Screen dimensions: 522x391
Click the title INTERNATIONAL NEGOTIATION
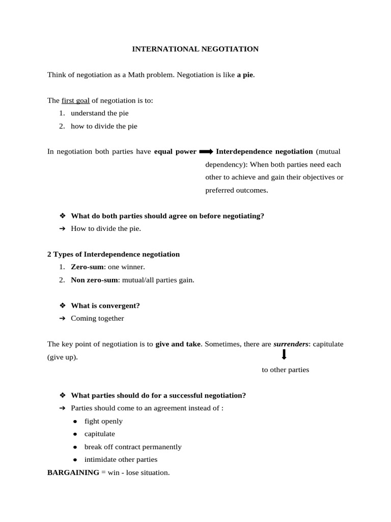pos(195,49)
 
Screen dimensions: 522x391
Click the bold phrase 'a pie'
pos(245,75)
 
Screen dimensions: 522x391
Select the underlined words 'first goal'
pos(75,100)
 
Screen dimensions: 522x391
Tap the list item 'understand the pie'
pos(100,113)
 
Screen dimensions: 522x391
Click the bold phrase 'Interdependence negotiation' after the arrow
pos(264,151)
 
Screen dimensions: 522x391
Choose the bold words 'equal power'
pos(175,151)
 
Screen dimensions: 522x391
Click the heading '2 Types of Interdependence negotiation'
pos(114,254)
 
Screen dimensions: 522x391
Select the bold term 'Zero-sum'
pos(88,267)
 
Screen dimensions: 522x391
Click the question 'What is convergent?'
pos(105,305)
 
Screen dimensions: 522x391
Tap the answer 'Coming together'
pos(97,318)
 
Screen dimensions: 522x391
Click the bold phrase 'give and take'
pos(178,344)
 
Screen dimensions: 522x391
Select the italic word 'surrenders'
pos(291,344)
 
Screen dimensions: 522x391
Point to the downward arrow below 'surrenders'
pos(284,355)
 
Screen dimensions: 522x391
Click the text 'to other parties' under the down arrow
pos(285,370)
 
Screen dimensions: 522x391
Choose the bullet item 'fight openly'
pos(103,421)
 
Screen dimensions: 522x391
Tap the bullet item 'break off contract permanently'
pos(133,447)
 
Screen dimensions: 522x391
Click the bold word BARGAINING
pos(73,473)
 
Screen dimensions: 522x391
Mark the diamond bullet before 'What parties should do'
pos(63,396)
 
